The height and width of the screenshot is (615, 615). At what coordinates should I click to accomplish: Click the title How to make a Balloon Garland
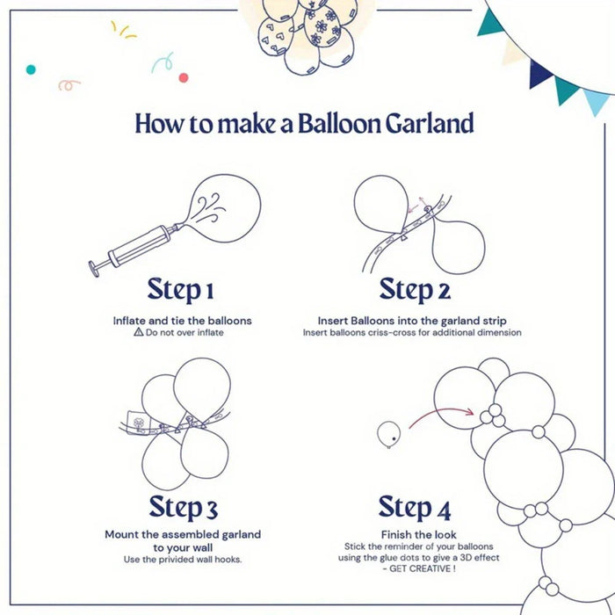(304, 123)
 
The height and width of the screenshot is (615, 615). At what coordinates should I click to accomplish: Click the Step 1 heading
(180, 289)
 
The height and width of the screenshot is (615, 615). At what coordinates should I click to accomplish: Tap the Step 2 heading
(415, 289)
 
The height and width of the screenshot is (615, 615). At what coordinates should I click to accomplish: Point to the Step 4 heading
(415, 507)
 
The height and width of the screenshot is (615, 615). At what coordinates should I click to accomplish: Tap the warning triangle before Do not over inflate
(138, 333)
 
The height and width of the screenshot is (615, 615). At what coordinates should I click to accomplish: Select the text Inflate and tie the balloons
(182, 321)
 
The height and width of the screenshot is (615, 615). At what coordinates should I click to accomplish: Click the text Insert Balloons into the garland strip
(413, 321)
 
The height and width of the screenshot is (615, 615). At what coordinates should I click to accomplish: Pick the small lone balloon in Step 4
(387, 433)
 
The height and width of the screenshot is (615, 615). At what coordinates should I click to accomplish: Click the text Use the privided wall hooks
(183, 560)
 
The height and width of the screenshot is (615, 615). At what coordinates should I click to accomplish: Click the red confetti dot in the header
(184, 77)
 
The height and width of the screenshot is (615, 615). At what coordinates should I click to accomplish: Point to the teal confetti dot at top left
(31, 69)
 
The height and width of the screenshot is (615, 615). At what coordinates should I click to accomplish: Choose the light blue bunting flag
(597, 101)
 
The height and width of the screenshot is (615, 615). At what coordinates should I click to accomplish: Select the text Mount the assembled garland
(183, 534)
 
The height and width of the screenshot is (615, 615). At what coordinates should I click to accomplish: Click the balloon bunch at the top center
(309, 31)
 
